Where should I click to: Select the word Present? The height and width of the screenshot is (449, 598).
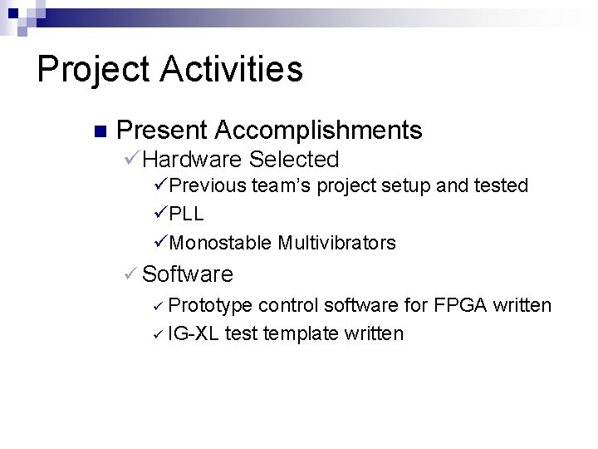[162, 131]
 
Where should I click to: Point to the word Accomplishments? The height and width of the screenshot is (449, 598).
[319, 131]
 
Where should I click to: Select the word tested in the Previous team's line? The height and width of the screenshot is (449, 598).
[498, 185]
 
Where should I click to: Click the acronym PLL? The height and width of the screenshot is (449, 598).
[187, 214]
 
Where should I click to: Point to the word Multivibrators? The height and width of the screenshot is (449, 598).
[337, 243]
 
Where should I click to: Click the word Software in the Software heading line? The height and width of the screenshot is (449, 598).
[188, 274]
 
